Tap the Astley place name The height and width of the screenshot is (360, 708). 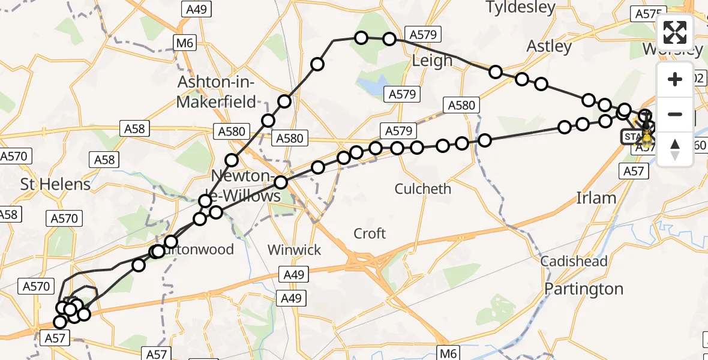click(x=549, y=46)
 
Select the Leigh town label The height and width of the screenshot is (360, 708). click(x=432, y=61)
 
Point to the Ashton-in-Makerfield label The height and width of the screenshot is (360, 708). click(x=216, y=92)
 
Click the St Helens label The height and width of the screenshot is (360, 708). click(x=55, y=184)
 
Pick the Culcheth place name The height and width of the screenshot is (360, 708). click(x=422, y=189)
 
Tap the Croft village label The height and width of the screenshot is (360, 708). click(x=370, y=233)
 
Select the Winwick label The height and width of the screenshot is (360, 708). click(x=295, y=250)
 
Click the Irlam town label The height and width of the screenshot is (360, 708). click(x=596, y=198)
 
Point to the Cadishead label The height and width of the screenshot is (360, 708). click(x=574, y=262)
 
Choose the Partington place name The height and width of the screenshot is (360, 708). click(x=584, y=289)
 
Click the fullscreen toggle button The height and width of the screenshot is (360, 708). click(x=675, y=32)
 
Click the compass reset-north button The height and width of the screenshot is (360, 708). click(x=675, y=149)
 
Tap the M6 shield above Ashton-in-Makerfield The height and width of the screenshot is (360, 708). click(x=185, y=43)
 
